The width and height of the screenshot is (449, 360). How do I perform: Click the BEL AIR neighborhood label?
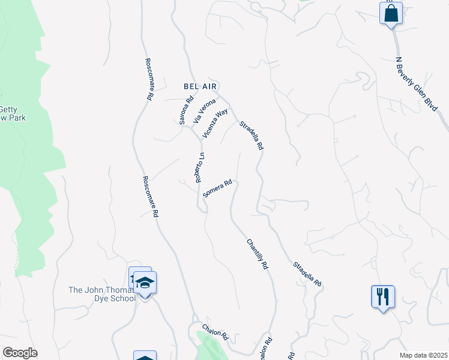tap(199, 86)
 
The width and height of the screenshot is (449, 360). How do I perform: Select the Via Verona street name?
tap(204, 111)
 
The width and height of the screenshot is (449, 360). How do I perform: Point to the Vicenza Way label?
tap(215, 124)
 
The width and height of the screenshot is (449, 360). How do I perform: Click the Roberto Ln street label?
tap(200, 167)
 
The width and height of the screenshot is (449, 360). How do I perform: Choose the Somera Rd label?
tap(217, 189)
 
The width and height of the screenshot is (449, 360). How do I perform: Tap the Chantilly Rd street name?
tap(256, 254)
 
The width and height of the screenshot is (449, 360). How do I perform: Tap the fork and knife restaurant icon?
tap(382, 296)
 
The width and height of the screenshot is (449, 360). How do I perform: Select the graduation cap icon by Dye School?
tap(145, 282)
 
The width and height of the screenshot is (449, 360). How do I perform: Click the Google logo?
tap(20, 353)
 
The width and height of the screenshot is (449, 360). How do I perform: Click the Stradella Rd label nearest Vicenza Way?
tap(252, 136)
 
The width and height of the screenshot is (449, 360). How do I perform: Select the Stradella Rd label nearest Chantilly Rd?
tap(307, 274)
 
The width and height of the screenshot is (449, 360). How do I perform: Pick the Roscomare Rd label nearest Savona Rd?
tap(149, 79)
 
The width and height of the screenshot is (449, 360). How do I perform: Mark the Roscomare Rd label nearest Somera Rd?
tap(151, 196)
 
